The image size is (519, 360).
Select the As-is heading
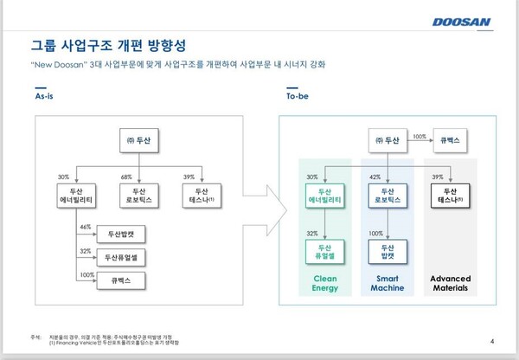coord(45,99)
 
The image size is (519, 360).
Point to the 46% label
coord(85,226)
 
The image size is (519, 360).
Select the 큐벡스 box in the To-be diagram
coord(455,138)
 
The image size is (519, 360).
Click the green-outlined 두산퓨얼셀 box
coord(325,248)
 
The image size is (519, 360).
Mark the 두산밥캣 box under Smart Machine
coord(386,248)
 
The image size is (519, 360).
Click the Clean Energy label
coord(324,283)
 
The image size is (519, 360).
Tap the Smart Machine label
coord(386,283)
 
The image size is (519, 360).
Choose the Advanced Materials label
coord(449,283)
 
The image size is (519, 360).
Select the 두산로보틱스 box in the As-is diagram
coord(138,196)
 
